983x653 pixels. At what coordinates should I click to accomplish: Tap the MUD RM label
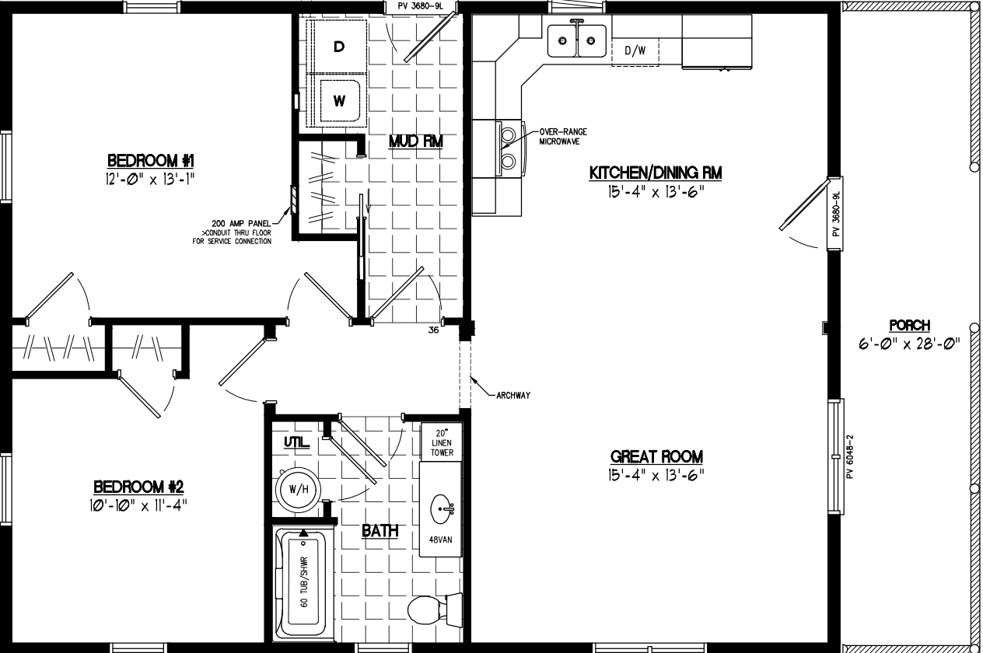pyautogui.click(x=415, y=141)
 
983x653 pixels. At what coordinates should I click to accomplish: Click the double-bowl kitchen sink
pyautogui.click(x=576, y=40)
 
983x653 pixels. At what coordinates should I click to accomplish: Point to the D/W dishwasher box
pyautogui.click(x=635, y=51)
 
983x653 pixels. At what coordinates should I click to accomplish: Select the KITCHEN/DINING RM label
pyautogui.click(x=655, y=173)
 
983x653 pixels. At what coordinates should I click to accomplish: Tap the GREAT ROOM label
pyautogui.click(x=656, y=456)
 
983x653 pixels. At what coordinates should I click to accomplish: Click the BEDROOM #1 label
pyautogui.click(x=150, y=161)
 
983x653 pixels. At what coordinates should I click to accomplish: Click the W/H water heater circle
pyautogui.click(x=298, y=490)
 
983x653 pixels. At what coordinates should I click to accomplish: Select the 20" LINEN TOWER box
pyautogui.click(x=442, y=442)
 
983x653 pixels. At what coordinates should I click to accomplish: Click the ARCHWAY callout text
pyautogui.click(x=512, y=395)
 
